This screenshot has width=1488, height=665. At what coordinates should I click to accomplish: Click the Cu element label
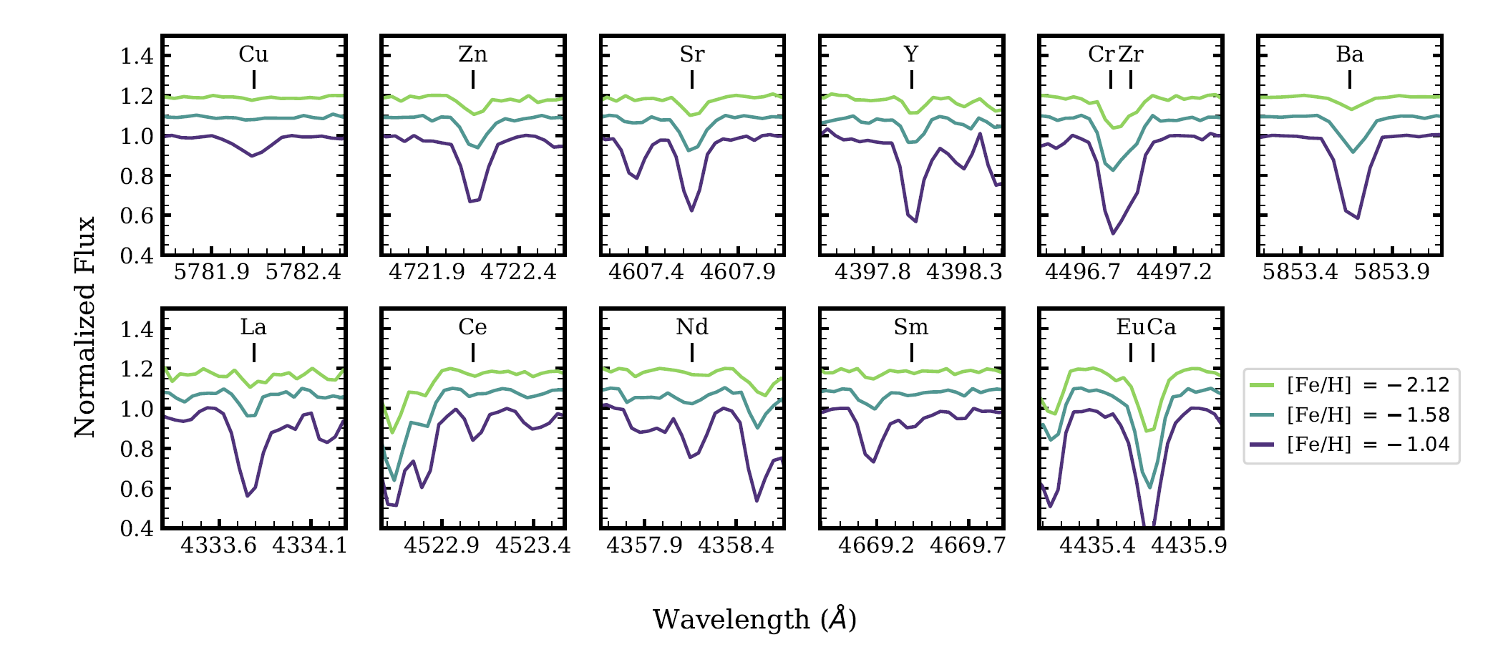[253, 54]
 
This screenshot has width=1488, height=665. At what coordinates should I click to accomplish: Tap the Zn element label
[472, 54]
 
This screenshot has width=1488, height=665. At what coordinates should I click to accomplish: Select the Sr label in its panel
[692, 54]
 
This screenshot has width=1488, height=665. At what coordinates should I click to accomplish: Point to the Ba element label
[1350, 54]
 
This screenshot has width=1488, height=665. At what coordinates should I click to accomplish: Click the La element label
[253, 327]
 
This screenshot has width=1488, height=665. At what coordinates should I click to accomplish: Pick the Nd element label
[692, 327]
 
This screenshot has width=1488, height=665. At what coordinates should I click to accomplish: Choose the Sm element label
[911, 327]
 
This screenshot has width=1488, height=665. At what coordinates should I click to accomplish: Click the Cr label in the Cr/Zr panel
[1101, 54]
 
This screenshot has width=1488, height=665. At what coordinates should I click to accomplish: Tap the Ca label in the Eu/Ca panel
[1162, 327]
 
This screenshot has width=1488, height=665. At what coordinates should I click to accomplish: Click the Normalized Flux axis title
[85, 327]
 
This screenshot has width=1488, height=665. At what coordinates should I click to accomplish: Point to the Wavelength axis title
[754, 619]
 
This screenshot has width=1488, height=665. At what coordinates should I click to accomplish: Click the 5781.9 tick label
[212, 272]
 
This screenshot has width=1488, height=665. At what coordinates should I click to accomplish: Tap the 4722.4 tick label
[518, 272]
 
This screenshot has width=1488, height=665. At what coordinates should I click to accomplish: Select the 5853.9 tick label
[1391, 272]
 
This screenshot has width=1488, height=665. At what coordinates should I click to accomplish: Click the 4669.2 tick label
[876, 545]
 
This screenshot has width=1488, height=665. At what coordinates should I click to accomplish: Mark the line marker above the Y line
[912, 79]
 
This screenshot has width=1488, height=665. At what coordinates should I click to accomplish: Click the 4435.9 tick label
[1189, 545]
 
